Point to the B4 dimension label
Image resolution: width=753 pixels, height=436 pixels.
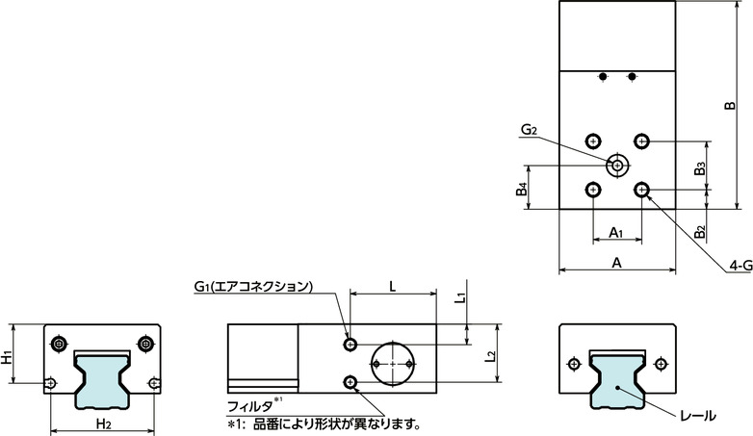point(521,191)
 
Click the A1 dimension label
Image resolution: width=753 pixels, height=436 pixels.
point(616,233)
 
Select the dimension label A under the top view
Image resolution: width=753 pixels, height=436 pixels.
point(616,262)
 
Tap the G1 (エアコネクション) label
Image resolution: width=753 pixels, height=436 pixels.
point(253,286)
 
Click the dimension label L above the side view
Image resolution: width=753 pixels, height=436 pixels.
point(392,285)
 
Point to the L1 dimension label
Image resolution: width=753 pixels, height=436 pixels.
point(460,297)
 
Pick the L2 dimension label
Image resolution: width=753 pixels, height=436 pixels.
point(490,356)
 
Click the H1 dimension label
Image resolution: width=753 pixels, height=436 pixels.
point(8,358)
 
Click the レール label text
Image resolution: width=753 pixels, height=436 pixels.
point(697,417)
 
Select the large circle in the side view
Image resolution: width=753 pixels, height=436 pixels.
point(393,364)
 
